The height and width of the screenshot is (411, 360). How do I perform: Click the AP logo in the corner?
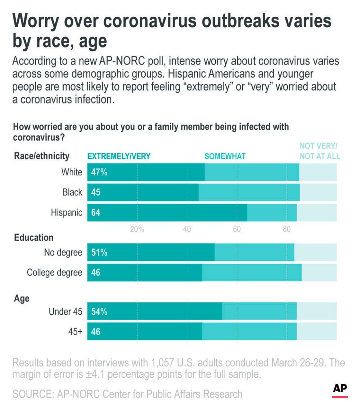coord(340,389)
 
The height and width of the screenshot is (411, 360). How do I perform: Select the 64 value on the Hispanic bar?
coord(96,213)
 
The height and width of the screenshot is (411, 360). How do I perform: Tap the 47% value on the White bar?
coord(99,172)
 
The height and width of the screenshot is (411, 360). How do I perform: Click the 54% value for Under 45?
coord(99,312)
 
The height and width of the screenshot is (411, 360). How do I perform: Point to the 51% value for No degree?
coord(99,253)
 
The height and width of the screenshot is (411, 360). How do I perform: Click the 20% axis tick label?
coord(137,229)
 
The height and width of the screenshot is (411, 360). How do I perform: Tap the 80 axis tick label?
coord(286,229)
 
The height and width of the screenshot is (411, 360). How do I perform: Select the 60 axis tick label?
coord(237,229)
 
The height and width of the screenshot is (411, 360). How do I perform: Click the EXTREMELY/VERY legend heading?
coord(119,156)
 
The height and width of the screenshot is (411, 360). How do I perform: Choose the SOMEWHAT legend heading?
coord(225,156)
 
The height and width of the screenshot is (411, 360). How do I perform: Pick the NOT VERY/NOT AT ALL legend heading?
coord(320,151)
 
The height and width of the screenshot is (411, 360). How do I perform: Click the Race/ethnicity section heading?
coord(42,156)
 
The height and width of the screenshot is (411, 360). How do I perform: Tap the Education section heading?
coord(34,238)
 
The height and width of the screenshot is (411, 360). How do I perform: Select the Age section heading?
coord(22,299)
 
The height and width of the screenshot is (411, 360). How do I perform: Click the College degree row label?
coord(55,273)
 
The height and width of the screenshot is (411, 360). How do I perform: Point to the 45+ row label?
coord(75,332)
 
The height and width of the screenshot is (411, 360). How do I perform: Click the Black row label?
coord(72,192)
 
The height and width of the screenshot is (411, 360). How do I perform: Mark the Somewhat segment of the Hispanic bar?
coord(272,213)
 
